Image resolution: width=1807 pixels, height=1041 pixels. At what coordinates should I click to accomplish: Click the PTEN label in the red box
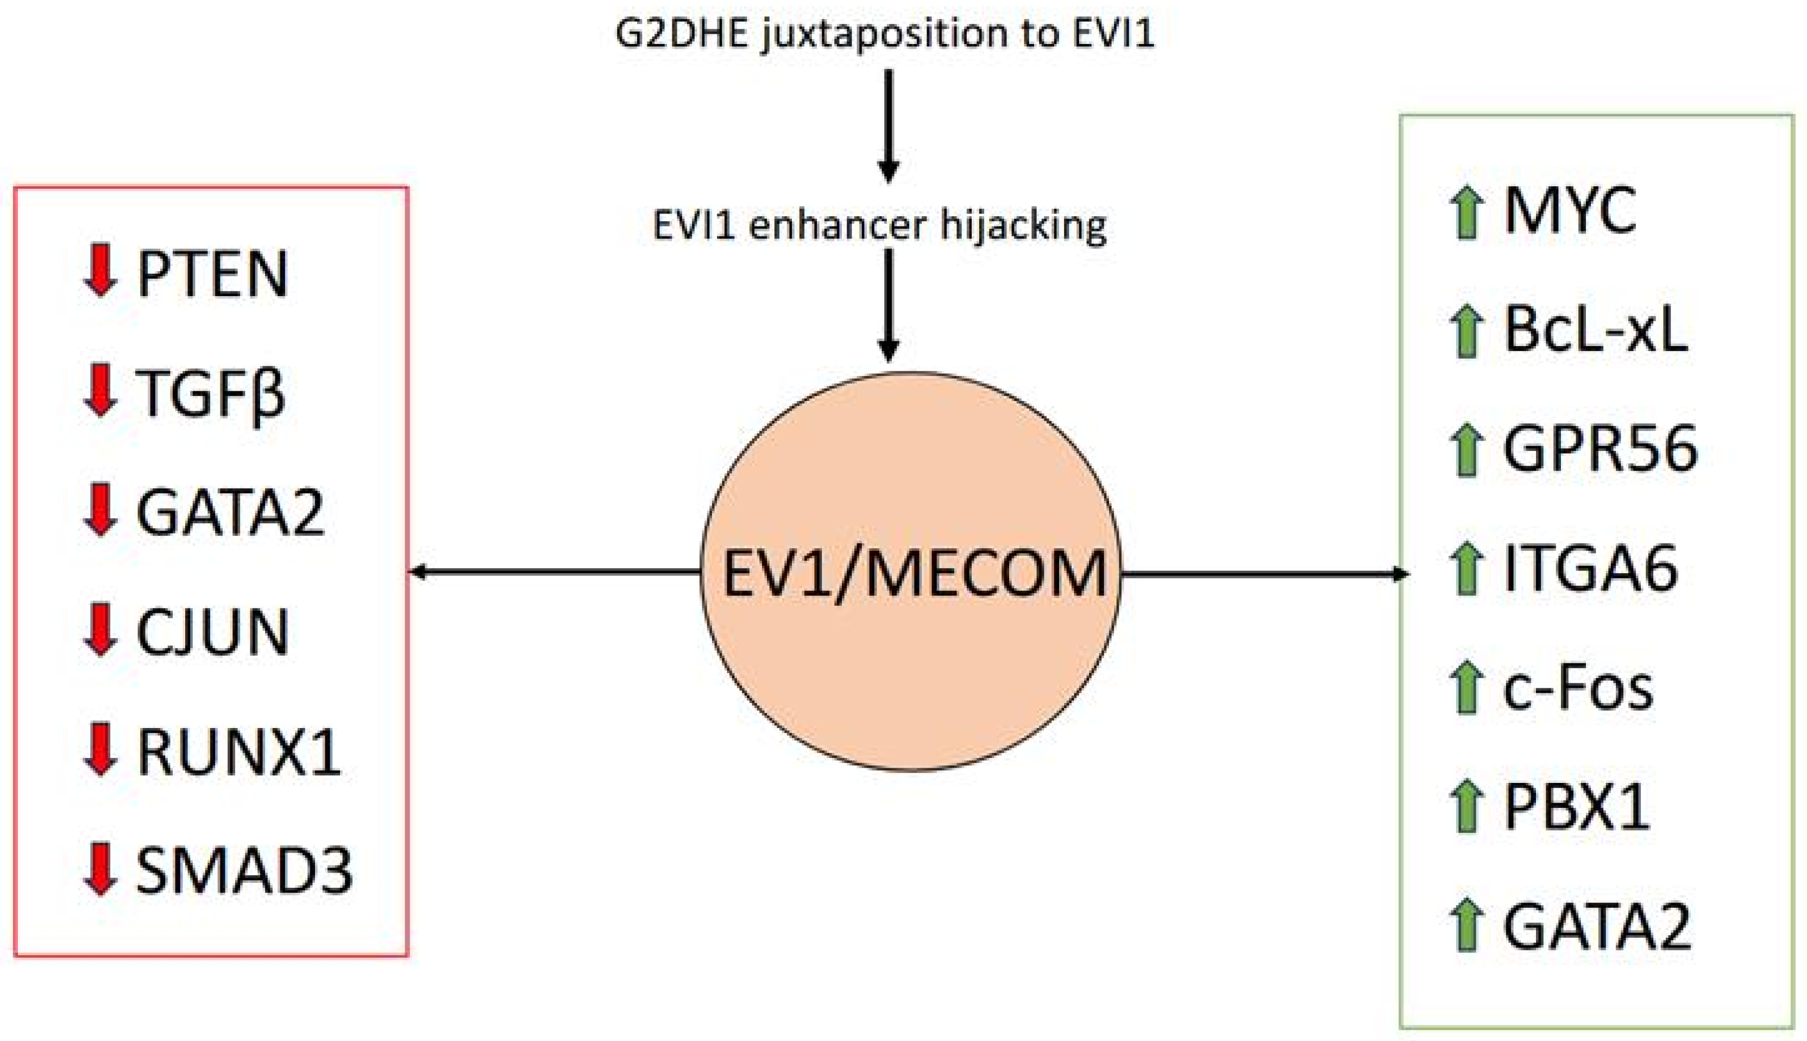point(212,273)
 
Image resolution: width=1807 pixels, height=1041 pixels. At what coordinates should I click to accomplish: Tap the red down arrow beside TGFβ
point(100,390)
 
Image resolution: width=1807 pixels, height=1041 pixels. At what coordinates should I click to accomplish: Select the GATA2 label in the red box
point(230,512)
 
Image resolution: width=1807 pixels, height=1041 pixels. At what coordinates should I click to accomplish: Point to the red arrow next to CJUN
point(100,629)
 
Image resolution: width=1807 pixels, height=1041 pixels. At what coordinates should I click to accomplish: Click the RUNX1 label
point(238,752)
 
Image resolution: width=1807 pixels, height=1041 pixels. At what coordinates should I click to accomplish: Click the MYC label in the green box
point(1570,211)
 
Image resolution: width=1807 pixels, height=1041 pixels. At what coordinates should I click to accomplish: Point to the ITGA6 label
point(1590,569)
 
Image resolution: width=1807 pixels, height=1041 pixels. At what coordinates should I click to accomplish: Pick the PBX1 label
point(1576,806)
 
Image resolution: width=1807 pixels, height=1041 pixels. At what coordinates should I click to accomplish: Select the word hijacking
point(1023,226)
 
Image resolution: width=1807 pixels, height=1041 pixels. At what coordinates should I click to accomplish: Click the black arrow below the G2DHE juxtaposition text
point(888,125)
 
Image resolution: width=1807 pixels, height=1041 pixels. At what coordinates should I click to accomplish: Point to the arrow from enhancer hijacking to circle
point(888,304)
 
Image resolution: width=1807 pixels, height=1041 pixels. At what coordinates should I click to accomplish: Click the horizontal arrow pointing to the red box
point(554,571)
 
